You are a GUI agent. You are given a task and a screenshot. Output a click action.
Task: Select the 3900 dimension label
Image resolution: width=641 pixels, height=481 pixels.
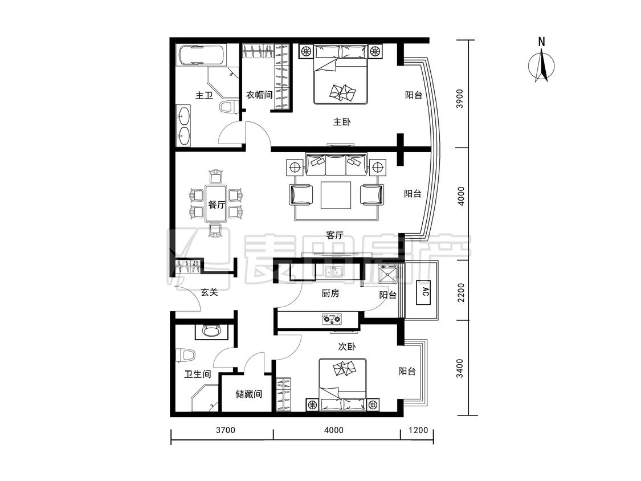(x=460, y=99)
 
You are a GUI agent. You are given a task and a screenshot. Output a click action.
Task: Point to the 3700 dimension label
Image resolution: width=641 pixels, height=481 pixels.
(x=225, y=430)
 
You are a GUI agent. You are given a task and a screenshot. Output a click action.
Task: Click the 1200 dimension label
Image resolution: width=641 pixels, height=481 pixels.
(x=418, y=430)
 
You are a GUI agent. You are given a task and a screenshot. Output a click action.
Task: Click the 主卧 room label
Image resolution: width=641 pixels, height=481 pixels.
(x=341, y=122)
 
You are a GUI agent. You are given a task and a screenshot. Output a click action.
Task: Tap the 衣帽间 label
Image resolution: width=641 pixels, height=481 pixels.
(x=259, y=95)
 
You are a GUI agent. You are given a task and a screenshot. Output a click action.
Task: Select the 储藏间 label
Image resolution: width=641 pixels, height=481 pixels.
(x=248, y=394)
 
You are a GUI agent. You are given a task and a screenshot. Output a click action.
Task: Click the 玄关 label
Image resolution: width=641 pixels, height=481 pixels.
(x=209, y=292)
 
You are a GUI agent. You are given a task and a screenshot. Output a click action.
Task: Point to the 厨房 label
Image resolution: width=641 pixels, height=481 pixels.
(x=330, y=293)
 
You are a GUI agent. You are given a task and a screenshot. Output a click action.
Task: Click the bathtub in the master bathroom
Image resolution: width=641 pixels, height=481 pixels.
(x=201, y=54)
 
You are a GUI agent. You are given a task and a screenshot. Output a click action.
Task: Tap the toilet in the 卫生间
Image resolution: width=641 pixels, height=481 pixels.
(x=185, y=355)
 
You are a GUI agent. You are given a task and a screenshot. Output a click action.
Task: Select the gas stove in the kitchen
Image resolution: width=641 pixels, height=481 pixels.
(x=332, y=318)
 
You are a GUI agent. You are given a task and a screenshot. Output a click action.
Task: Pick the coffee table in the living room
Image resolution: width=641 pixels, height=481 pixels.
(x=336, y=195)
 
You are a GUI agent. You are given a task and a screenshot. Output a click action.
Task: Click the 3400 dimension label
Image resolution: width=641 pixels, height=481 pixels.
(x=460, y=368)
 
